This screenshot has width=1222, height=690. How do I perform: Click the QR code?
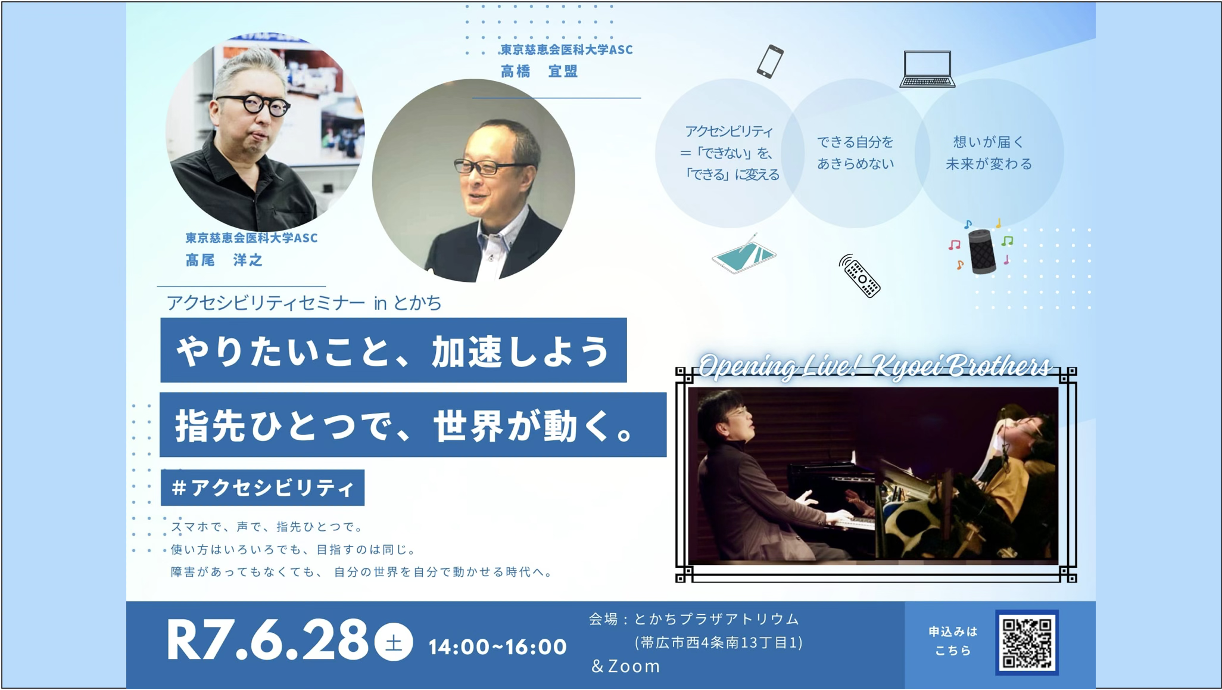(x=1027, y=642)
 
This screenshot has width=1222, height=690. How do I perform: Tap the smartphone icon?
(x=770, y=61)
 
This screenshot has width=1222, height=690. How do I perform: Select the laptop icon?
(x=927, y=69)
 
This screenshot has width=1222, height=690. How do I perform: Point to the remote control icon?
(x=860, y=276)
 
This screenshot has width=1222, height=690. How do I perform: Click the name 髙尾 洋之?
(x=224, y=260)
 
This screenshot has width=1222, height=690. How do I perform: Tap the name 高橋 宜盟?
(x=539, y=72)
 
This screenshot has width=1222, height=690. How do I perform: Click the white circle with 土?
(x=394, y=642)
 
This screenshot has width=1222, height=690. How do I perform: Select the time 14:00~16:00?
(x=498, y=647)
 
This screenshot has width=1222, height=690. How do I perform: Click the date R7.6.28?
(x=267, y=641)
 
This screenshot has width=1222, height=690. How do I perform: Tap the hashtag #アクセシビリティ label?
(x=263, y=488)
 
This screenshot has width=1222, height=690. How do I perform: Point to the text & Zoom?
(x=625, y=666)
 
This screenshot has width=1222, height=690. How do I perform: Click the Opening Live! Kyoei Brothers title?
(x=874, y=366)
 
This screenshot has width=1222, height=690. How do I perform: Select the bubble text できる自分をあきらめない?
(x=855, y=153)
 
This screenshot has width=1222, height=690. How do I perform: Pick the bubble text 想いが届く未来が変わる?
(x=989, y=153)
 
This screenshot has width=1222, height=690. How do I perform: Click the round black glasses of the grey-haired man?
(x=254, y=105)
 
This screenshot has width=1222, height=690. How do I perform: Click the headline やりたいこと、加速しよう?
(x=394, y=350)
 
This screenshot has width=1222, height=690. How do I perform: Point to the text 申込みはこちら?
(x=953, y=641)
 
